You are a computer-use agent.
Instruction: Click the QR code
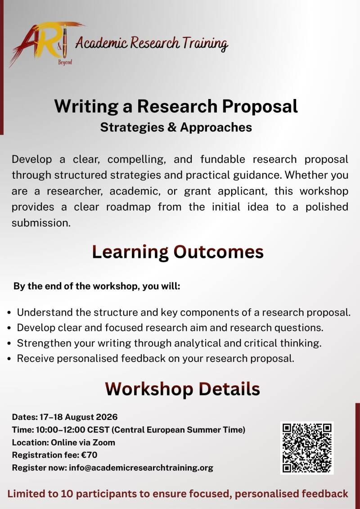(307, 448)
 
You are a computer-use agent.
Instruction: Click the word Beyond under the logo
(65, 62)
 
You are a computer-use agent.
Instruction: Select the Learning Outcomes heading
(178, 252)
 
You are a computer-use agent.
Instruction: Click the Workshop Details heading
(182, 388)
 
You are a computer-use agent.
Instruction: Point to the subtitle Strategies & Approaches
(176, 127)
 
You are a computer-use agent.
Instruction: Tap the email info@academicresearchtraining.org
(141, 468)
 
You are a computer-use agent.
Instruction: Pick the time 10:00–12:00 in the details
(61, 430)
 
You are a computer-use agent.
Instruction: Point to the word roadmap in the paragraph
(129, 207)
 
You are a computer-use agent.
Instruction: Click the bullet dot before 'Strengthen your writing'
(10, 343)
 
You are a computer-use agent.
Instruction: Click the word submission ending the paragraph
(41, 223)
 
